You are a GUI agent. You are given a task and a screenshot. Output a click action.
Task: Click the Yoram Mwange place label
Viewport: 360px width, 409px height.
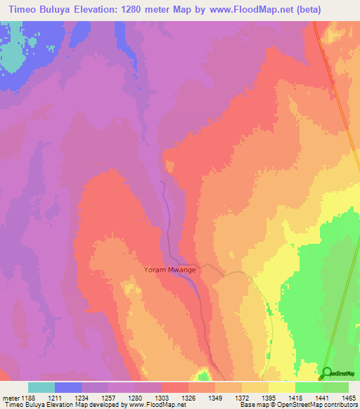point(169,269)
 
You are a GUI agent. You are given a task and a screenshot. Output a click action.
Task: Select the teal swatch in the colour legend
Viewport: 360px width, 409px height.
point(41,387)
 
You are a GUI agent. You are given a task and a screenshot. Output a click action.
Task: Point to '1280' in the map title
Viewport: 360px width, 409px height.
point(157,9)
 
